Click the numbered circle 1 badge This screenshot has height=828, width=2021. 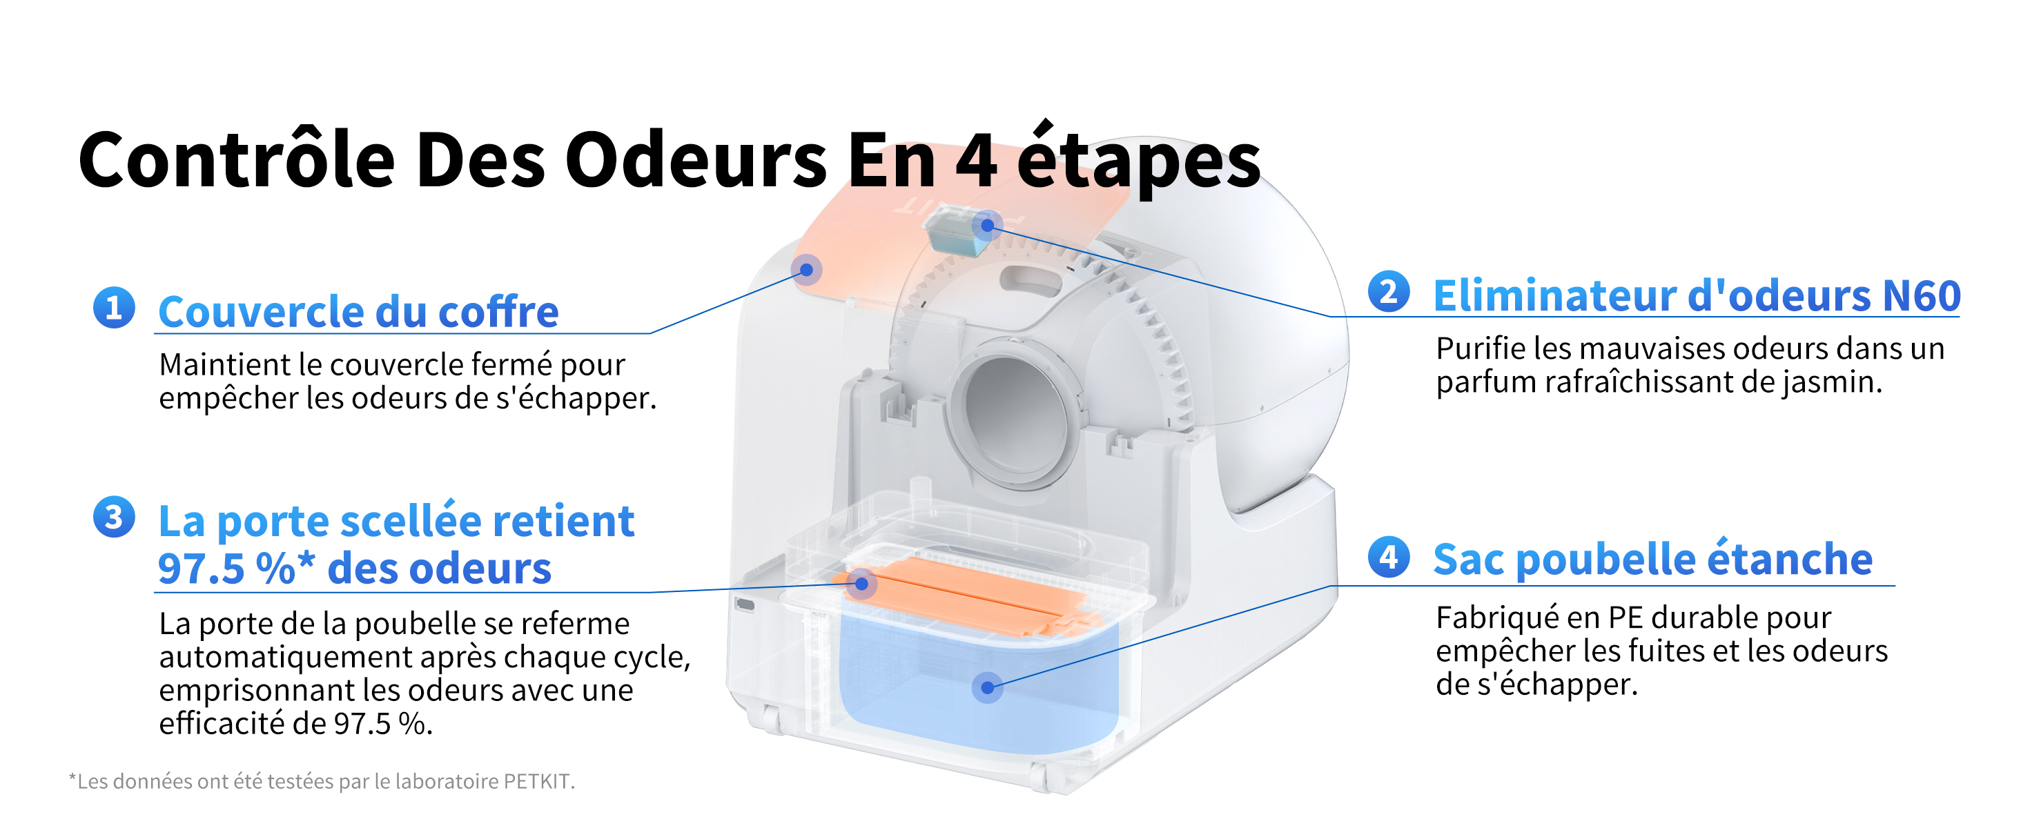[x=114, y=306]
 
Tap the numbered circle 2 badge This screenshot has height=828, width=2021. [x=1389, y=291]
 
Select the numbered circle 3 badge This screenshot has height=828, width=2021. [x=114, y=517]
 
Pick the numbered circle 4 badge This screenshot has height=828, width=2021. [x=1389, y=557]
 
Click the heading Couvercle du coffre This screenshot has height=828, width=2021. [x=358, y=311]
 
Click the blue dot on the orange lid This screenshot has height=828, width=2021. [x=806, y=270]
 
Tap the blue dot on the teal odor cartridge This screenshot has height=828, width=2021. [x=987, y=226]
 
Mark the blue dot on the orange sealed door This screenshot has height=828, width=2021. [x=861, y=583]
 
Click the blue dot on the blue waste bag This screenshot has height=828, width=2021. [x=987, y=688]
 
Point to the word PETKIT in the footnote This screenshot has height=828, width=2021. [x=538, y=781]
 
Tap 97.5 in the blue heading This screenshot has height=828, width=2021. [x=202, y=569]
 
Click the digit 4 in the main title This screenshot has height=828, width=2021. [x=977, y=160]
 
